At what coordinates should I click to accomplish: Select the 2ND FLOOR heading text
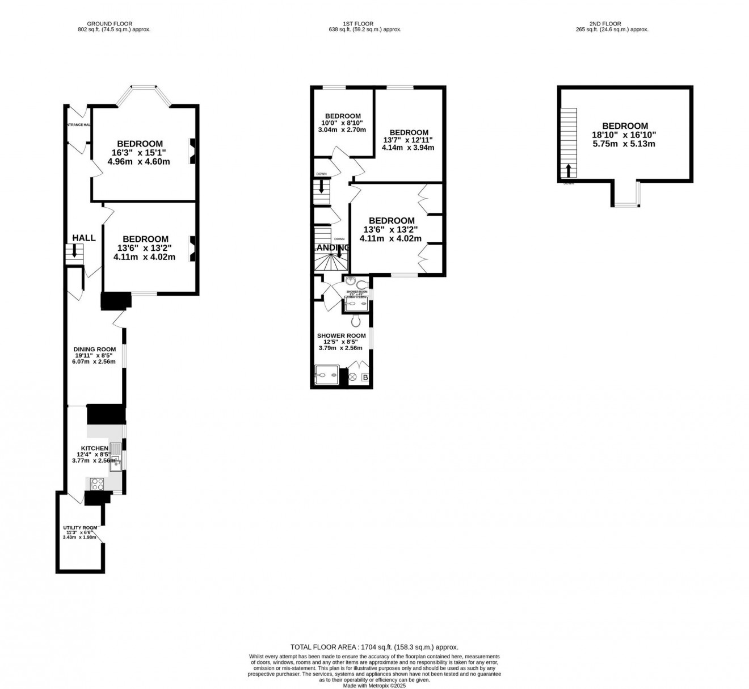[609, 23]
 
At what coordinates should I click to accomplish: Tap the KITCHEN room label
[94, 448]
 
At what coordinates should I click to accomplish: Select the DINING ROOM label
[94, 350]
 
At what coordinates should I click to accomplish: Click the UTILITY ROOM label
[80, 528]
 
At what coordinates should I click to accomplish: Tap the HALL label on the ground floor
[84, 238]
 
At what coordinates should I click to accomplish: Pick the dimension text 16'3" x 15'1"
[140, 153]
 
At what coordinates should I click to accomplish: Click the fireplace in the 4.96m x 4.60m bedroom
[193, 152]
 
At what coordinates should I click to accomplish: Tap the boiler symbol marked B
[365, 377]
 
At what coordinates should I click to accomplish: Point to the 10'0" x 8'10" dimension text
[343, 123]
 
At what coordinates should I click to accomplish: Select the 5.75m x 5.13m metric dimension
[625, 144]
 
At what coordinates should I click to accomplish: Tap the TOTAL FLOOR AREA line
[374, 646]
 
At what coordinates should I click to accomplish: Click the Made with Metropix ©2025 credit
[374, 685]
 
